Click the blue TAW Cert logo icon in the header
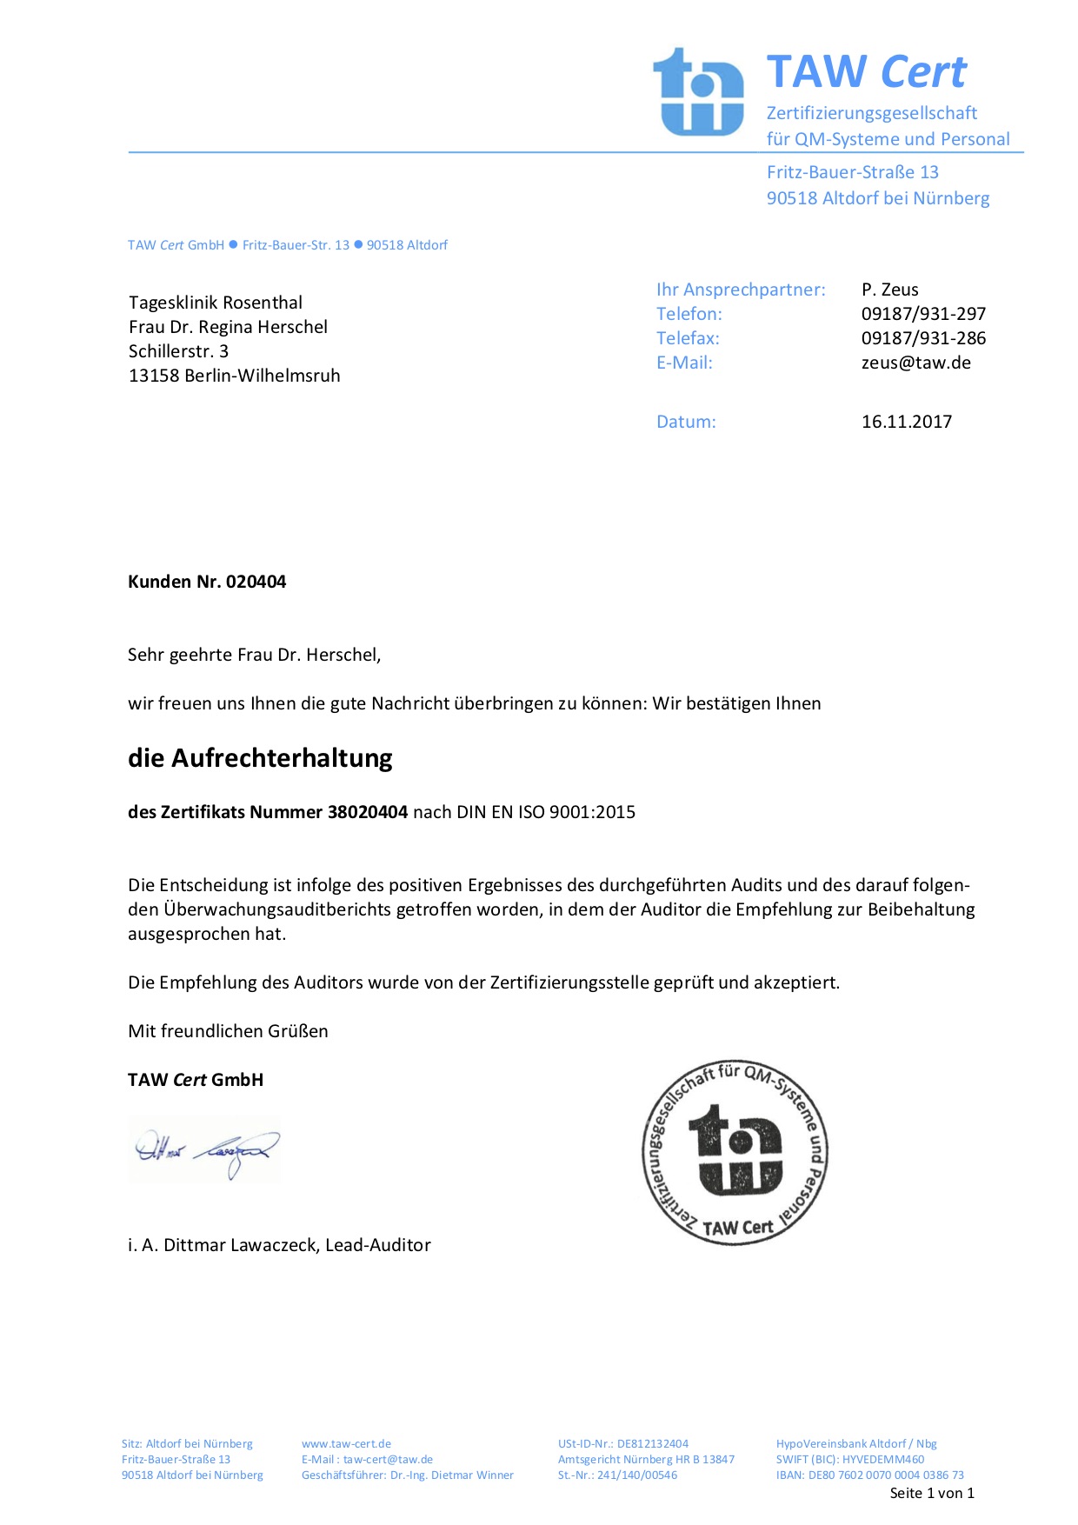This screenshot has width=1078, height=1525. pos(698,92)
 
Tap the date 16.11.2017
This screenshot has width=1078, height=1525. pos(906,422)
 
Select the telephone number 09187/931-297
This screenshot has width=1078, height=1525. pos(923,314)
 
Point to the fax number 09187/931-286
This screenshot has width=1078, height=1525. pos(923,338)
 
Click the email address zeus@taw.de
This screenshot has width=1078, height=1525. pos(915,363)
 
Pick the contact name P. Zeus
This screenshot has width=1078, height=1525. pos(889,290)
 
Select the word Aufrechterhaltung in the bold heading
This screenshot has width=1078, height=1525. pos(282,758)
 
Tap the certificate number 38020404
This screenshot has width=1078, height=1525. pos(367,812)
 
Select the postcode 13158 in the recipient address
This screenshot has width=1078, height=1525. pos(154,376)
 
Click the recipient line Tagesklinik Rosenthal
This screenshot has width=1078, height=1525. pos(216,303)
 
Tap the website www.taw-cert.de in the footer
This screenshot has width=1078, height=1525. pos(346,1444)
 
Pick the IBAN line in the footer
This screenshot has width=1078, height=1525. pos(869,1475)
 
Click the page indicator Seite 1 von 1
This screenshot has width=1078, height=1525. pos(931,1494)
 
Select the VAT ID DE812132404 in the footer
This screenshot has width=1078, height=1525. pos(652,1444)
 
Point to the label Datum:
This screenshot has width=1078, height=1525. pos(686,422)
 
